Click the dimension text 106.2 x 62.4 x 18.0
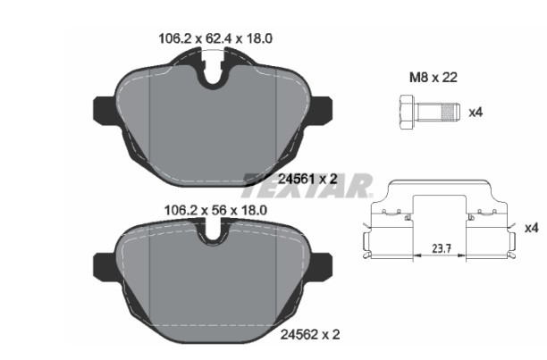tap(215, 38)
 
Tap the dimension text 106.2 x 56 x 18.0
tap(215, 210)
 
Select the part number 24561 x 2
tap(307, 180)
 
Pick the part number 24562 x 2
tap(310, 335)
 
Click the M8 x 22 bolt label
tap(433, 78)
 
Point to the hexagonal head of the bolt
tap(407, 113)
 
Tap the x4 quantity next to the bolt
tap(475, 113)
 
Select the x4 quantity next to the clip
tap(532, 229)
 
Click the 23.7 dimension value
tap(442, 249)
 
